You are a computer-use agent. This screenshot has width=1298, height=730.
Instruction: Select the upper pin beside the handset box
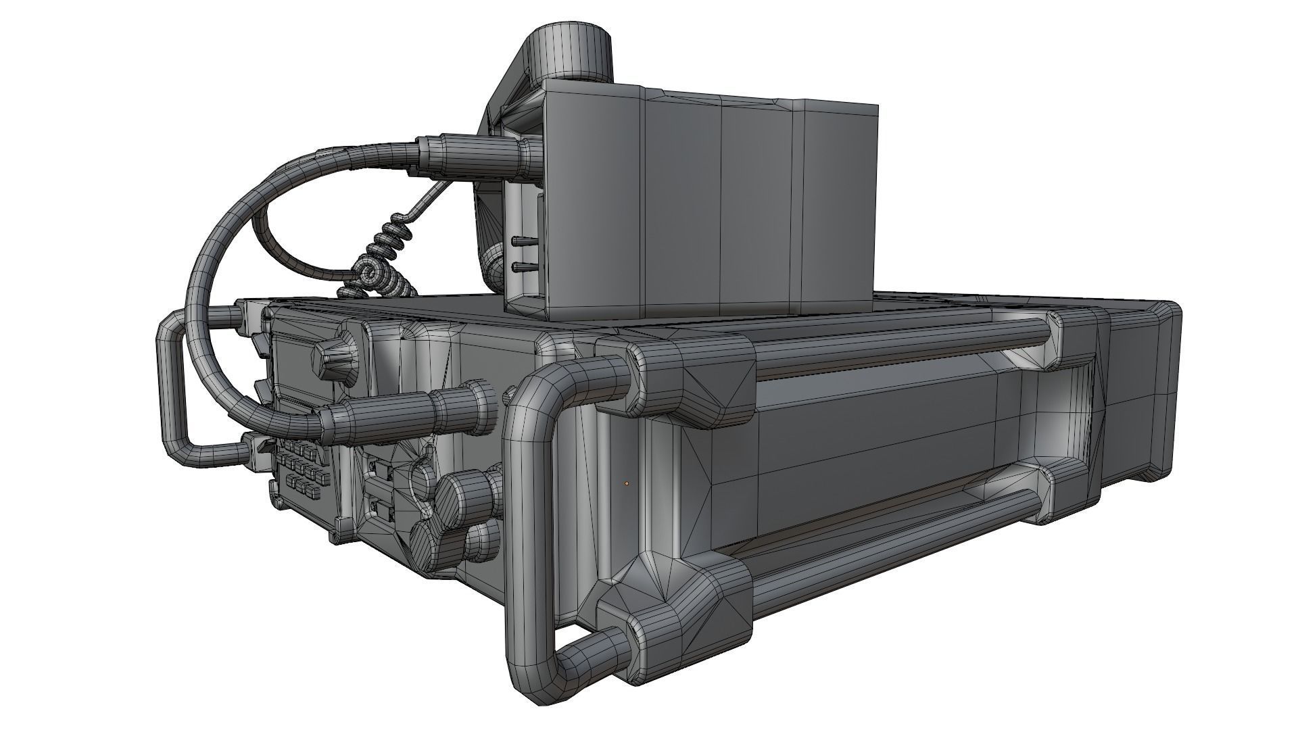(522, 241)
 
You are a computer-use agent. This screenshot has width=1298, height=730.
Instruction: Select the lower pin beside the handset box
(522, 268)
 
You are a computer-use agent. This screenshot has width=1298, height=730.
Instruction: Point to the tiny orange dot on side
(627, 483)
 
